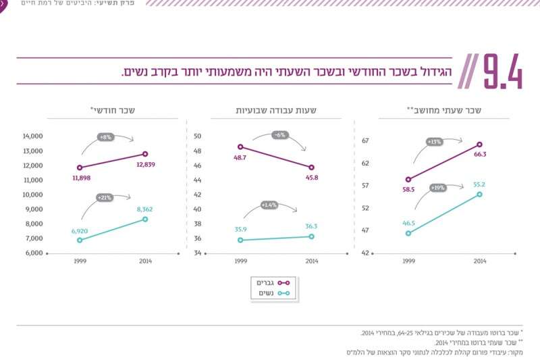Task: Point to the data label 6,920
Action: tap(79, 230)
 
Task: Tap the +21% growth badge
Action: tap(105, 198)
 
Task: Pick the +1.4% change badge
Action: tap(269, 204)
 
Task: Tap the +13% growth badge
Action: tap(434, 142)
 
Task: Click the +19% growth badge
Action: tap(437, 187)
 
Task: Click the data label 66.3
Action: tap(480, 154)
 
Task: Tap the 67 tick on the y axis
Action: tap(365, 140)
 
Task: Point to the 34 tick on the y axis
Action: tap(198, 253)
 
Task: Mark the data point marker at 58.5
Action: tap(408, 180)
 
